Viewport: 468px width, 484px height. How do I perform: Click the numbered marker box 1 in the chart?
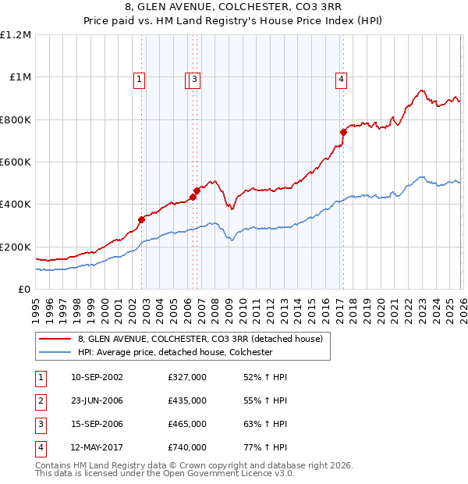pos(138,78)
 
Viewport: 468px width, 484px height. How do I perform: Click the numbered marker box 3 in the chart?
pos(194,78)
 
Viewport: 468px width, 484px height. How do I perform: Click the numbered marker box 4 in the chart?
pos(342,78)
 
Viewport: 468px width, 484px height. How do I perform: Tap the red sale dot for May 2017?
pos(342,133)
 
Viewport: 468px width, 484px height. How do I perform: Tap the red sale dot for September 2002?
pos(141,220)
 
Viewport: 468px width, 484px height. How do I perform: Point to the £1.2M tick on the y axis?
pos(16,35)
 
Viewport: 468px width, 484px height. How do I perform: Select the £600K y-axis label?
pos(15,162)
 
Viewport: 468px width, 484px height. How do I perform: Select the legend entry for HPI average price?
pos(174,352)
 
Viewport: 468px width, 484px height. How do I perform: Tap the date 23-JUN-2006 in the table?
pos(97,400)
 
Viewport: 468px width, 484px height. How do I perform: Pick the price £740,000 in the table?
pos(187,447)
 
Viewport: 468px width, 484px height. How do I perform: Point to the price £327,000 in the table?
pos(187,377)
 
